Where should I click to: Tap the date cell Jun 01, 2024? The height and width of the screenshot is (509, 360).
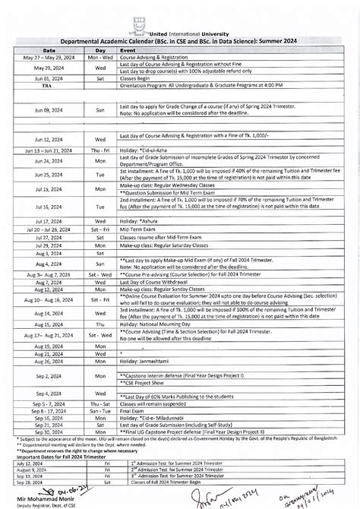[49, 77]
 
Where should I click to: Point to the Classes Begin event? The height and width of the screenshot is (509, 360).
[137, 77]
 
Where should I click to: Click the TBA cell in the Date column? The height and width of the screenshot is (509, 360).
[49, 85]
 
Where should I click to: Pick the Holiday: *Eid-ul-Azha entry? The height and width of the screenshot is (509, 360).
[145, 151]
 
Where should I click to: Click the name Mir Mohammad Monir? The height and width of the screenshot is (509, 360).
[42, 496]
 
